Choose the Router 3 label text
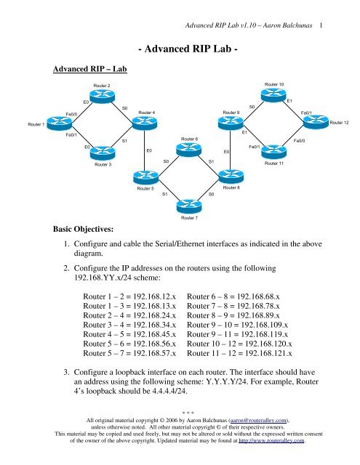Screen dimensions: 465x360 pyautogui.click(x=103, y=165)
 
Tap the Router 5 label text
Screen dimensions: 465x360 pyautogui.click(x=145, y=189)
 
